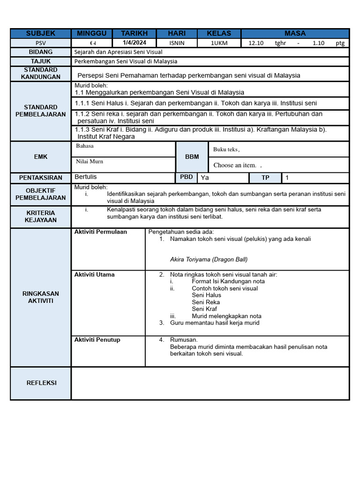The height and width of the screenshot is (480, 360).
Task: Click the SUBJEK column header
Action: click(41, 33)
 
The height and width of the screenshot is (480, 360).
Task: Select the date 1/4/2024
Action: click(135, 43)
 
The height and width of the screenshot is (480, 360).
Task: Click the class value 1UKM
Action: click(219, 43)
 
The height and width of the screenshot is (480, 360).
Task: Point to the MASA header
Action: click(295, 33)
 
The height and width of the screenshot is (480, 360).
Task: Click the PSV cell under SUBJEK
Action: click(41, 43)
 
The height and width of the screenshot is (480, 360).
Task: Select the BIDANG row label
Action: click(41, 52)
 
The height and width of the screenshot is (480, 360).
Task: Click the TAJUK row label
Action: click(41, 61)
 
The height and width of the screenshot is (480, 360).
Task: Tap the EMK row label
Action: click(41, 157)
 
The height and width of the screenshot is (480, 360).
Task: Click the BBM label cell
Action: click(192, 157)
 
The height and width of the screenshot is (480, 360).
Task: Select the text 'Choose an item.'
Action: click(235, 165)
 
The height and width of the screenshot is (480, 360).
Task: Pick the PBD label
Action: click(186, 177)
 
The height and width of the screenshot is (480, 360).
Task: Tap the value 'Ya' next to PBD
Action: click(205, 178)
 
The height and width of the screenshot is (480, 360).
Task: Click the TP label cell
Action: click(265, 178)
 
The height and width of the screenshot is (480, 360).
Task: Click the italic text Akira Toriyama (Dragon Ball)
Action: click(209, 259)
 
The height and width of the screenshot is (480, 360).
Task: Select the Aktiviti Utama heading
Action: click(94, 275)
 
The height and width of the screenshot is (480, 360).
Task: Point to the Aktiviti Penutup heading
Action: click(97, 340)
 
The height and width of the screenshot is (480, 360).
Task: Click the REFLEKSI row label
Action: click(41, 383)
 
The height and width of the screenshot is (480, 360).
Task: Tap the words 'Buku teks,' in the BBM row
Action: click(226, 150)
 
